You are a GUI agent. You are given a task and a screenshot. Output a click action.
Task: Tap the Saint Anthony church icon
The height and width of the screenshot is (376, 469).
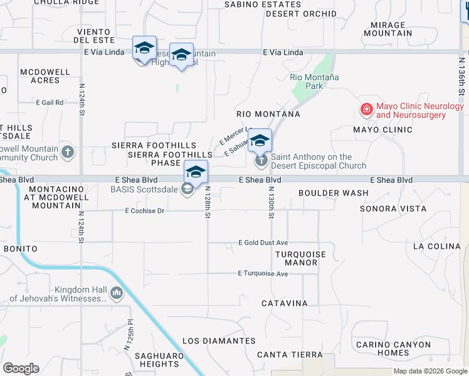[x=261, y=161]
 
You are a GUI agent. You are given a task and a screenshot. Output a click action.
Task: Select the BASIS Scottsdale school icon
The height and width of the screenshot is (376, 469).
[x=187, y=189]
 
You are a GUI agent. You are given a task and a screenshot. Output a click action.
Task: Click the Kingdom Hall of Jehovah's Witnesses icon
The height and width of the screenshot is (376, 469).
[x=116, y=293]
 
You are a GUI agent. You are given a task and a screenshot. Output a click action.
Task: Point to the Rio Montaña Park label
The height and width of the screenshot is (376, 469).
[x=314, y=81]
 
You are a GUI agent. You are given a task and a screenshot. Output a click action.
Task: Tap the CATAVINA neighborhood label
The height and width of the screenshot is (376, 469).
[x=285, y=303]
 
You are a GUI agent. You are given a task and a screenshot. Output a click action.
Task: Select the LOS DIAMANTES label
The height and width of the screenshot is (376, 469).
[x=219, y=341]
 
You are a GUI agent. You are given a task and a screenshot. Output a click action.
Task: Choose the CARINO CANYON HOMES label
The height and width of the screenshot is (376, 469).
[x=393, y=348]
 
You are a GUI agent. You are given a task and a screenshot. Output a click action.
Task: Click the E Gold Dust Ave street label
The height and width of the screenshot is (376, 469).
[x=263, y=243]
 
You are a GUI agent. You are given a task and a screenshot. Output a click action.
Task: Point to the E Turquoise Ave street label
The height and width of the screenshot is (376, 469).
[x=263, y=274]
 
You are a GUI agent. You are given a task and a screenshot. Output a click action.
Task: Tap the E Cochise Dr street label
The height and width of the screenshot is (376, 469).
[x=144, y=211]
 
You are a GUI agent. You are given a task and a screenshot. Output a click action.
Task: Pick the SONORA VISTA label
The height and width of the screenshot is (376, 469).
[x=393, y=209]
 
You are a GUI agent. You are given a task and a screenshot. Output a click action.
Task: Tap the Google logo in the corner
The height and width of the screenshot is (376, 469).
[x=21, y=368]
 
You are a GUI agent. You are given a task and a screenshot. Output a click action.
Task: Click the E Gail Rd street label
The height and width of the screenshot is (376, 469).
[x=50, y=102]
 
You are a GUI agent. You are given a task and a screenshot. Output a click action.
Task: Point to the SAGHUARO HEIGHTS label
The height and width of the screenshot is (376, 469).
[x=159, y=360]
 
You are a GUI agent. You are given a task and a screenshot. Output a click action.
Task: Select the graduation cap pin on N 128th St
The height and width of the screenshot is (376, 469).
[x=196, y=172]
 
